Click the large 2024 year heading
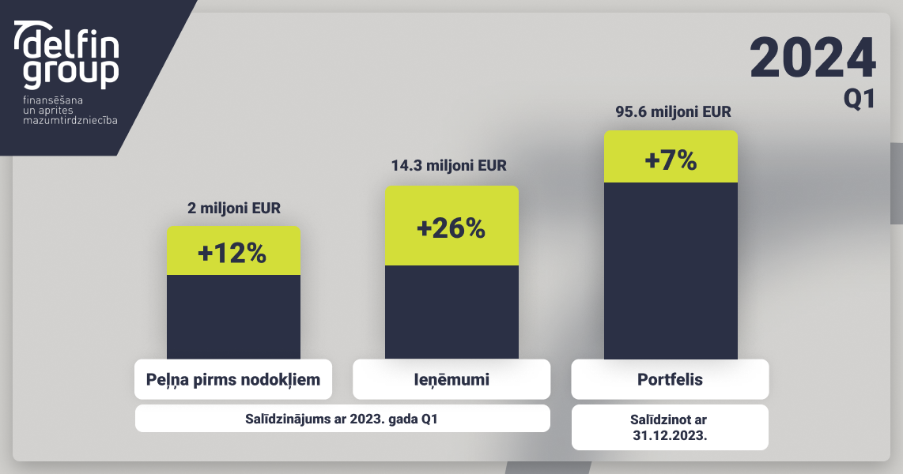813,58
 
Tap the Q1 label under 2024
860,99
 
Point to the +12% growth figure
232,253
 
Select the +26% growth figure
451,228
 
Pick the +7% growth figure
671,160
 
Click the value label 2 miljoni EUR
234,209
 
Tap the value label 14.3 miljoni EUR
448,166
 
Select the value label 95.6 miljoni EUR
673,111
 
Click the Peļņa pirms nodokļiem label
233,380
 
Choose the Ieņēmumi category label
451,380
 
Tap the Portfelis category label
670,380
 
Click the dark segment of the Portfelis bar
671,271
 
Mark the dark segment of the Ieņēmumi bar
451,312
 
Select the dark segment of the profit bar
233,317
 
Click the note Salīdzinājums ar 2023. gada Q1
342,419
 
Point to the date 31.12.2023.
670,435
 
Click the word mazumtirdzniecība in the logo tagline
70,120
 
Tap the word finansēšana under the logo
53,100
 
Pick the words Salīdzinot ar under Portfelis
669,420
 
